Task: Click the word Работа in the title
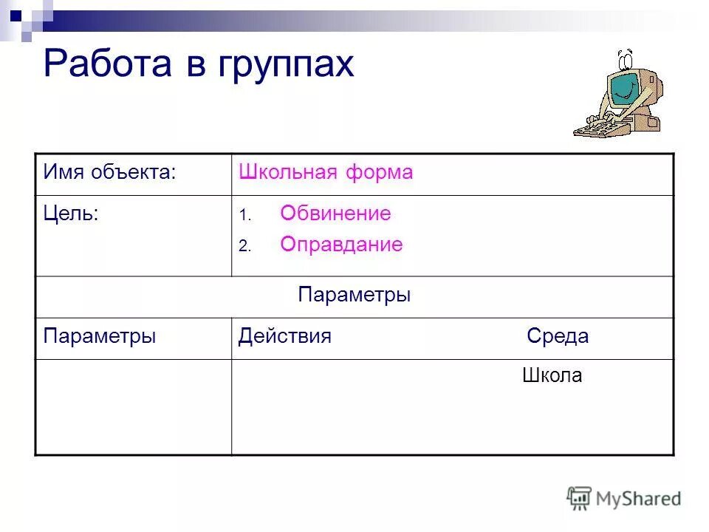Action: pyautogui.click(x=108, y=65)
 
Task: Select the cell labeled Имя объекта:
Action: pyautogui.click(x=109, y=174)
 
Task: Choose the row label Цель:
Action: pyautogui.click(x=71, y=214)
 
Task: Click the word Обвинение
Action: pyautogui.click(x=335, y=214)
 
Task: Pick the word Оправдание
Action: pyautogui.click(x=341, y=245)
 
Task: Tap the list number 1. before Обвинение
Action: pyautogui.click(x=245, y=216)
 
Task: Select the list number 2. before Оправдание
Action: pyautogui.click(x=245, y=248)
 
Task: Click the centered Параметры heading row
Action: pyautogui.click(x=354, y=296)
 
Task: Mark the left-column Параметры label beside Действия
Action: pyautogui.click(x=99, y=337)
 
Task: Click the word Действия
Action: pyautogui.click(x=284, y=337)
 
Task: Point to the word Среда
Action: pyautogui.click(x=558, y=337)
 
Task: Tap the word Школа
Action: pyautogui.click(x=552, y=376)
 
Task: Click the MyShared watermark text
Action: pyautogui.click(x=639, y=499)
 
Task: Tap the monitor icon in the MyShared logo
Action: pyautogui.click(x=580, y=497)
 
